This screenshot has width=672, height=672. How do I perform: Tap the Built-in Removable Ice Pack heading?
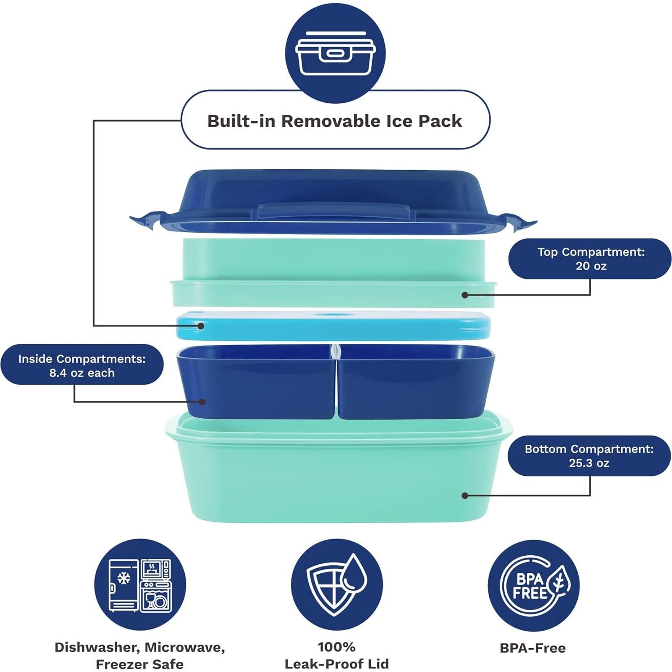click(334, 121)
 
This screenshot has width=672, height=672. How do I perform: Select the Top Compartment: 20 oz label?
click(590, 259)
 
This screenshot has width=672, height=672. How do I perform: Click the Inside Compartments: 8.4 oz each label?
click(82, 365)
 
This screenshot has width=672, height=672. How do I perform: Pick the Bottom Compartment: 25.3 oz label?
click(589, 456)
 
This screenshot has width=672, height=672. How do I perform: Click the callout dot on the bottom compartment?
click(465, 495)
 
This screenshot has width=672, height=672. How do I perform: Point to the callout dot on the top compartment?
click(465, 295)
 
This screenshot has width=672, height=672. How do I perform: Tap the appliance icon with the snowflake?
click(140, 585)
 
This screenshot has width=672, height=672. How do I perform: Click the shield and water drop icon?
click(336, 585)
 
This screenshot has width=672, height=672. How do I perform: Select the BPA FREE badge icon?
click(533, 585)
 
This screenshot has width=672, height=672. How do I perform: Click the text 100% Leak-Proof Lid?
click(336, 655)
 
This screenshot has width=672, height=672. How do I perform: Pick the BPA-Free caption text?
click(532, 648)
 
